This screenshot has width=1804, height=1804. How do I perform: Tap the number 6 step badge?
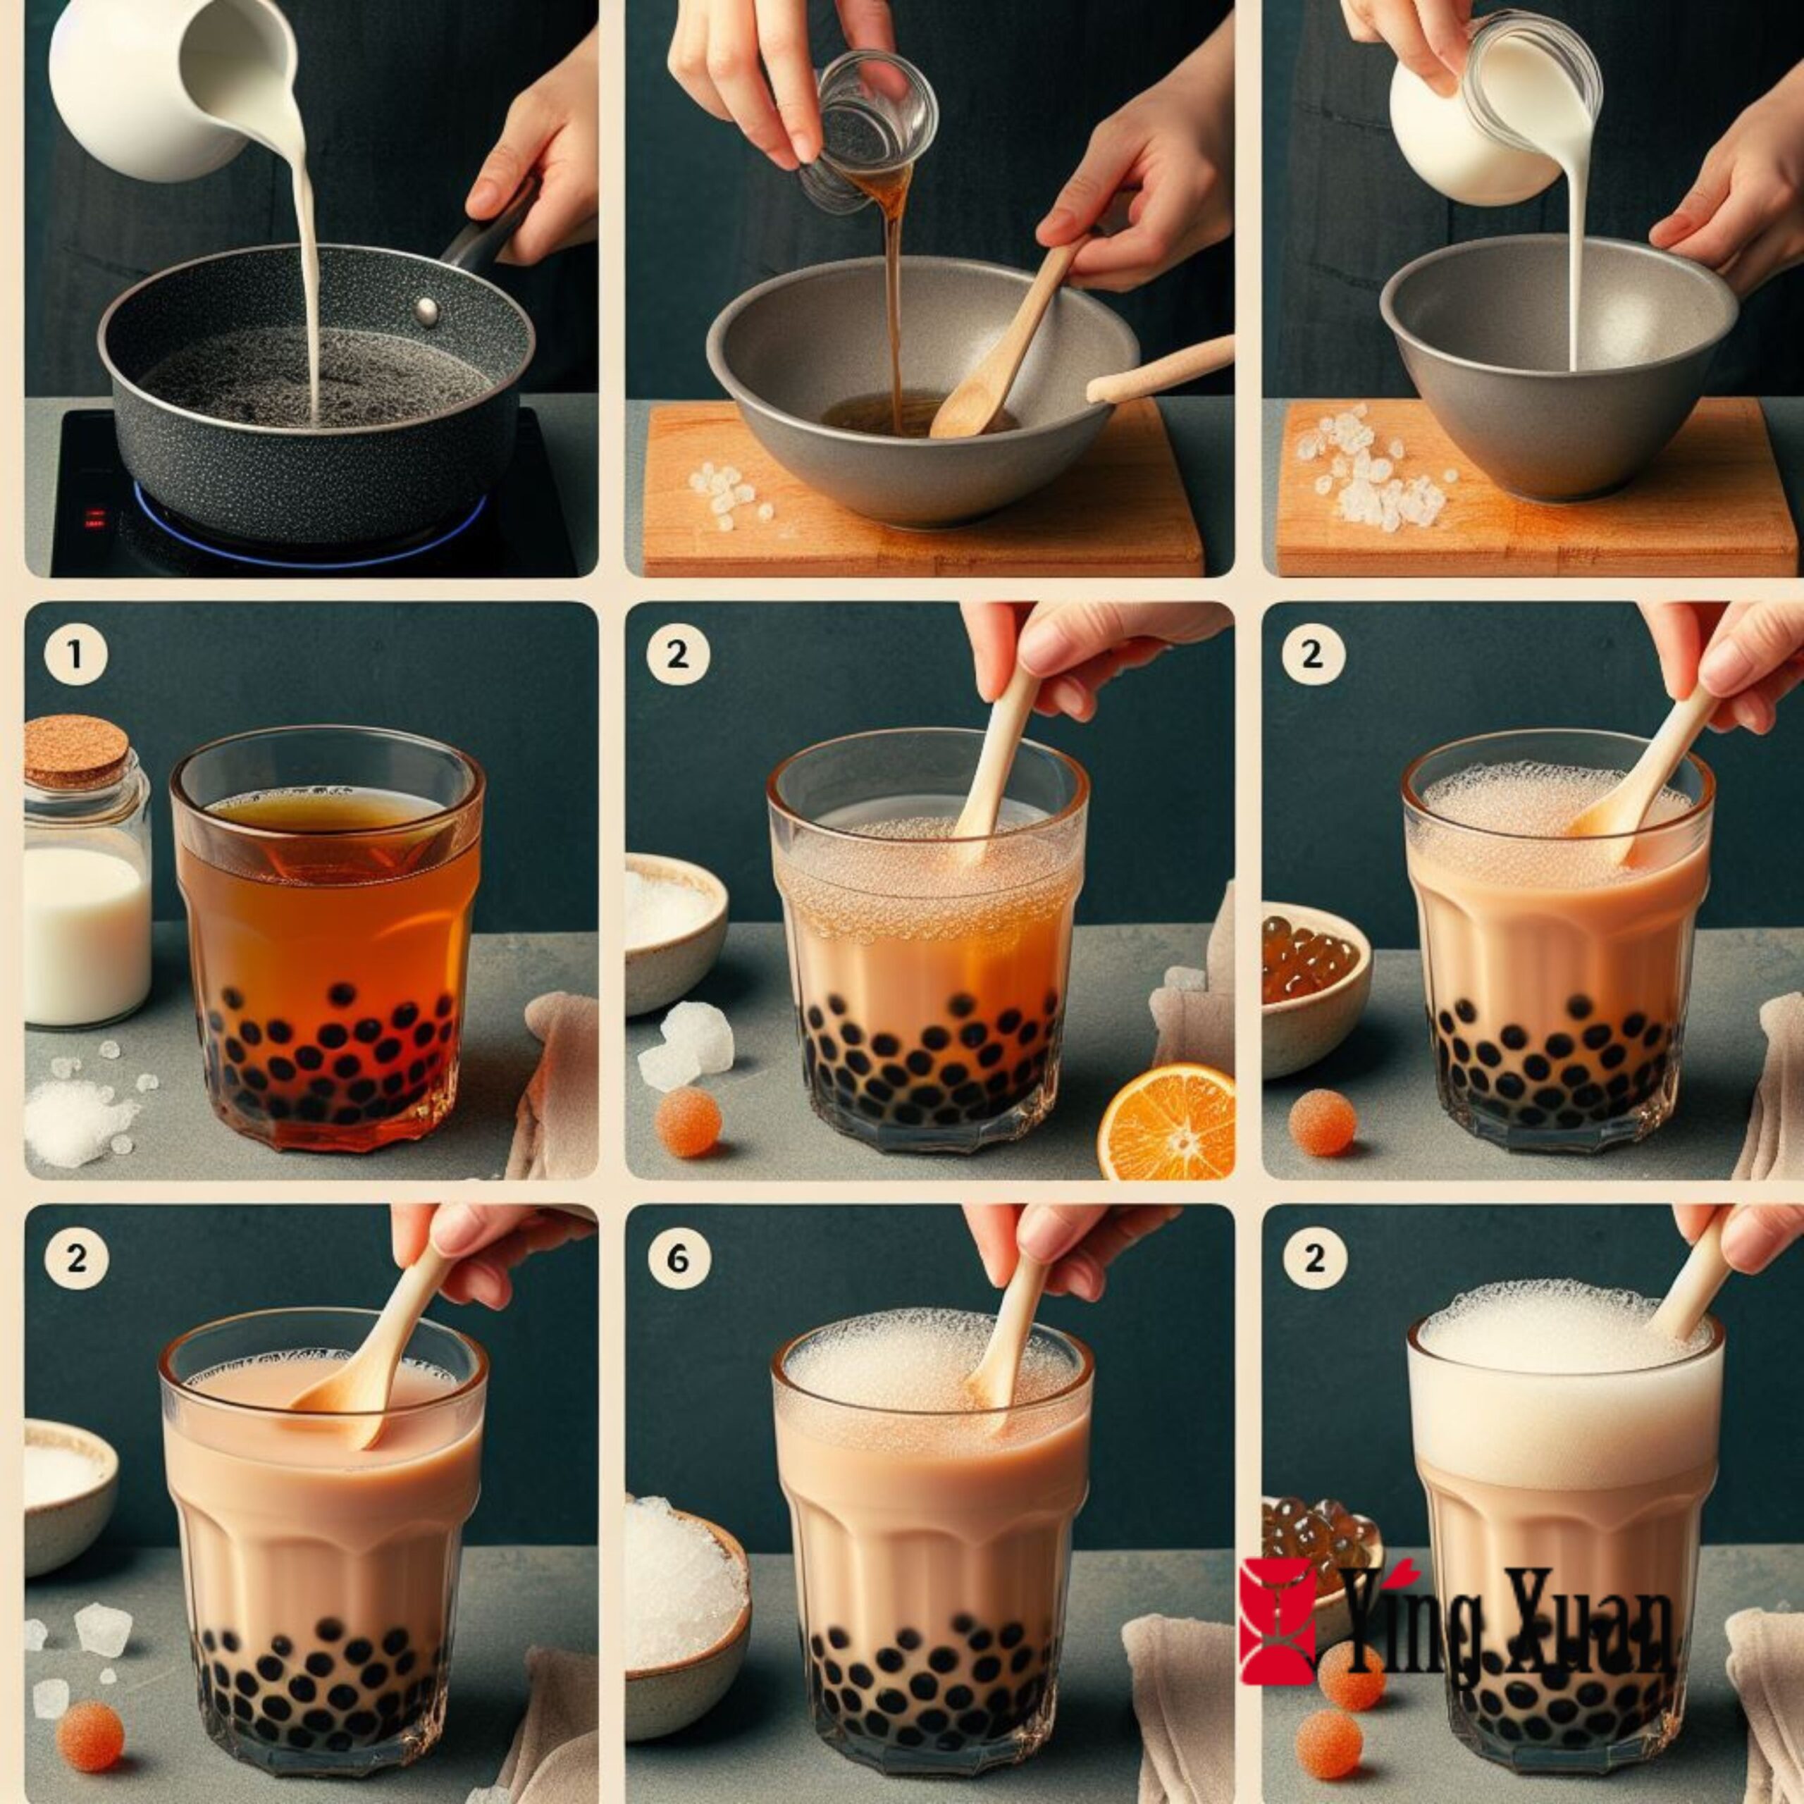point(678,1259)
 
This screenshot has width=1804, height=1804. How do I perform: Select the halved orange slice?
point(1167,1123)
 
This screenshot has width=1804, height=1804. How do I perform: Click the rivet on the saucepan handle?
point(428,311)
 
